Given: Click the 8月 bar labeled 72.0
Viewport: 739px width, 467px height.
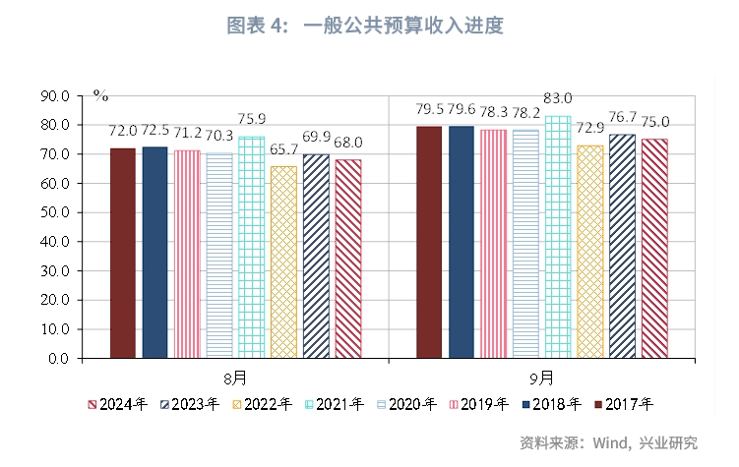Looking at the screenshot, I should (x=122, y=253).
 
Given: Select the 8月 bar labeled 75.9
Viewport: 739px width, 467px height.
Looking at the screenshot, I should (x=251, y=247).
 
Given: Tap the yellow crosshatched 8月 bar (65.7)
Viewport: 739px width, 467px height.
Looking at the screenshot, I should (x=283, y=262).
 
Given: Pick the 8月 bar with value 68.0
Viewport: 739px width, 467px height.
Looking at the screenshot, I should (x=347, y=259).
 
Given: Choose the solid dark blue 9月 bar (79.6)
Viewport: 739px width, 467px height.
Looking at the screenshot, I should (x=461, y=242).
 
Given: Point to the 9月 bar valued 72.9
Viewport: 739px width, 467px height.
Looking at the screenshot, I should (x=589, y=252).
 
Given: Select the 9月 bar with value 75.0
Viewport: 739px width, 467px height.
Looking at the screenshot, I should (x=653, y=248).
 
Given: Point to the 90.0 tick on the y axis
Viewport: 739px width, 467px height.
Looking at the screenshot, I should (x=53, y=96).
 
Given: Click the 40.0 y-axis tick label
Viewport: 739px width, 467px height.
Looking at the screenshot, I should (x=53, y=242).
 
